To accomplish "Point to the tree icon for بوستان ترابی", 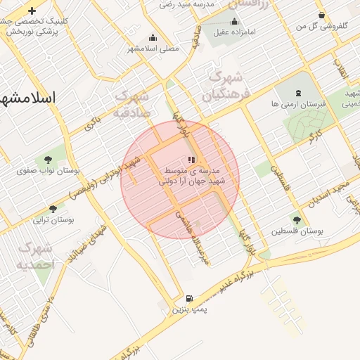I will [x=53, y=209].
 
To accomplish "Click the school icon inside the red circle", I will [x=191, y=160].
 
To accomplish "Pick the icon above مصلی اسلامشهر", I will [x=153, y=38].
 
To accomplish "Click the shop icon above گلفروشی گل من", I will [x=321, y=15].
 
